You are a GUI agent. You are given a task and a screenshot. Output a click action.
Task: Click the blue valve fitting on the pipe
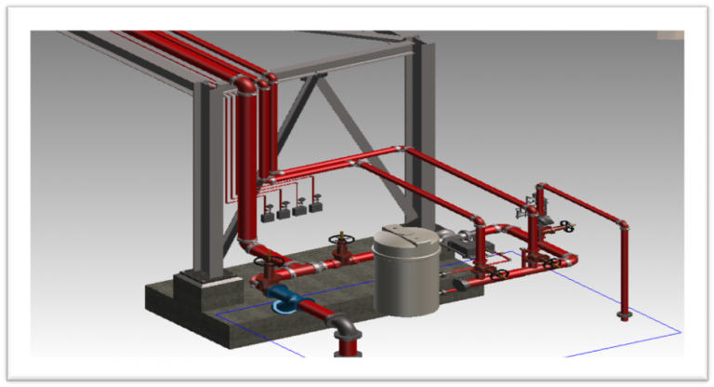click(284, 300)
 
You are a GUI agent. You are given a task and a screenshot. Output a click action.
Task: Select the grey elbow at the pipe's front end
click(343, 328)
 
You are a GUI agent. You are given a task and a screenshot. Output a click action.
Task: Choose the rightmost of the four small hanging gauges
click(315, 208)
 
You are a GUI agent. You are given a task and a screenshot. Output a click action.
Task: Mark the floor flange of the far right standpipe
click(625, 316)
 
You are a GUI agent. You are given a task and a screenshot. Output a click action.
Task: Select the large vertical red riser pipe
click(246, 167)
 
